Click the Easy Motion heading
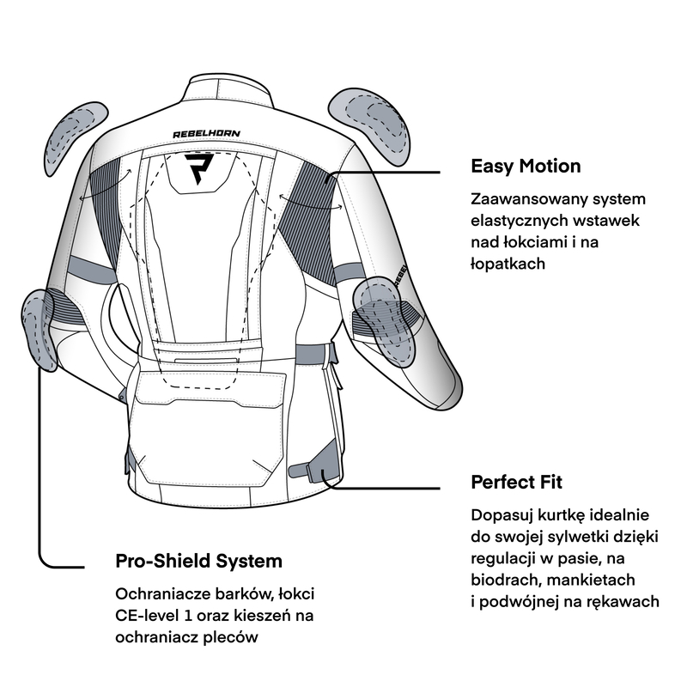[x=526, y=166]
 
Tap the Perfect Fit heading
[x=517, y=482]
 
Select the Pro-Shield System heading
[x=198, y=562]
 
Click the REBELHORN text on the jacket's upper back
[x=207, y=134]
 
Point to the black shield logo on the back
[x=204, y=168]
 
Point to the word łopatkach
[x=508, y=264]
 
